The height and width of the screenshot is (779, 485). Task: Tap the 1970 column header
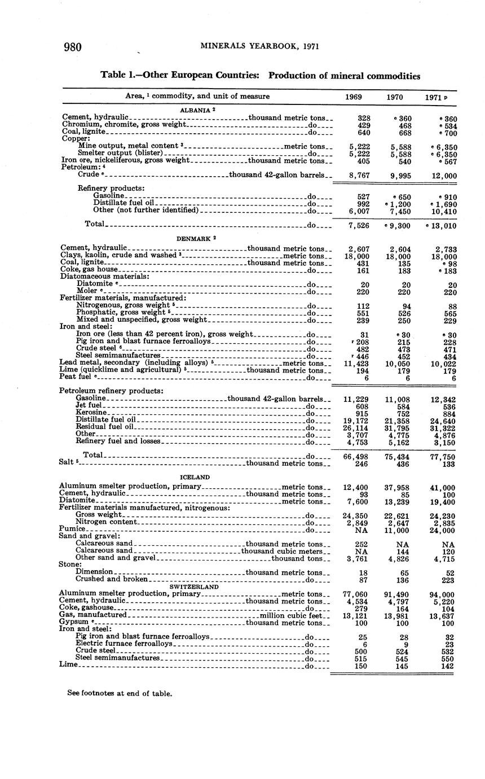click(395, 97)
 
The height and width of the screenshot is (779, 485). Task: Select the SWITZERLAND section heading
click(193, 587)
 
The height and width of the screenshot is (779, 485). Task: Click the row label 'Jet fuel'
click(89, 405)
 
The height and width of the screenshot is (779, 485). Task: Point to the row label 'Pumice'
click(72, 529)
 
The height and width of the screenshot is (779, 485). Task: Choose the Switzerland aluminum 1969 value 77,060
click(356, 595)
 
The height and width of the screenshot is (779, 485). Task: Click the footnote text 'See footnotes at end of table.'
click(120, 693)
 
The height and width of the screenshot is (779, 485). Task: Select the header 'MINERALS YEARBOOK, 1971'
click(259, 46)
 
